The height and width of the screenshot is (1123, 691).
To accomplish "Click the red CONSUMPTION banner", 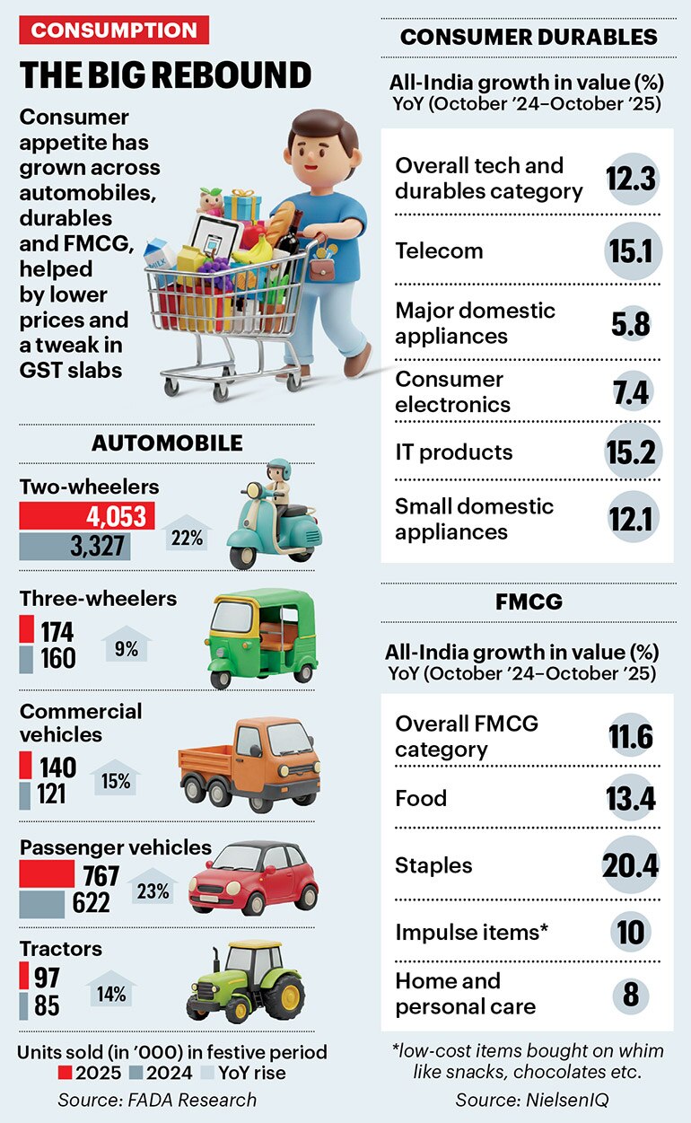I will point(114,30).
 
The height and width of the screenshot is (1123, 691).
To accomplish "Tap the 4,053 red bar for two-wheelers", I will point(87,516).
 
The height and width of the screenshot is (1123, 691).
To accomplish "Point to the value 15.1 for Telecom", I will point(632,250).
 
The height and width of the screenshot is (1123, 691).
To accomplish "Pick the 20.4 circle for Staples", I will point(630,865).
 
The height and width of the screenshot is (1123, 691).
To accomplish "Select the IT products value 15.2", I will point(632,452).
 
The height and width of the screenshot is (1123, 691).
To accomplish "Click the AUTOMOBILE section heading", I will point(167,443).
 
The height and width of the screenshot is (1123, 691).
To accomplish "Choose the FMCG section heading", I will point(528,601).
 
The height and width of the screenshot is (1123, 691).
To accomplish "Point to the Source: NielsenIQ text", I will point(526,1100).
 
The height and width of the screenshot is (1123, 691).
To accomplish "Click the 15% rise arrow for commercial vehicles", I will point(117,779).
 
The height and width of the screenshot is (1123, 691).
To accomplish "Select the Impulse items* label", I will point(471,932).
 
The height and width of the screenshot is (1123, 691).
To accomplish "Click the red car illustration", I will point(253,877).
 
